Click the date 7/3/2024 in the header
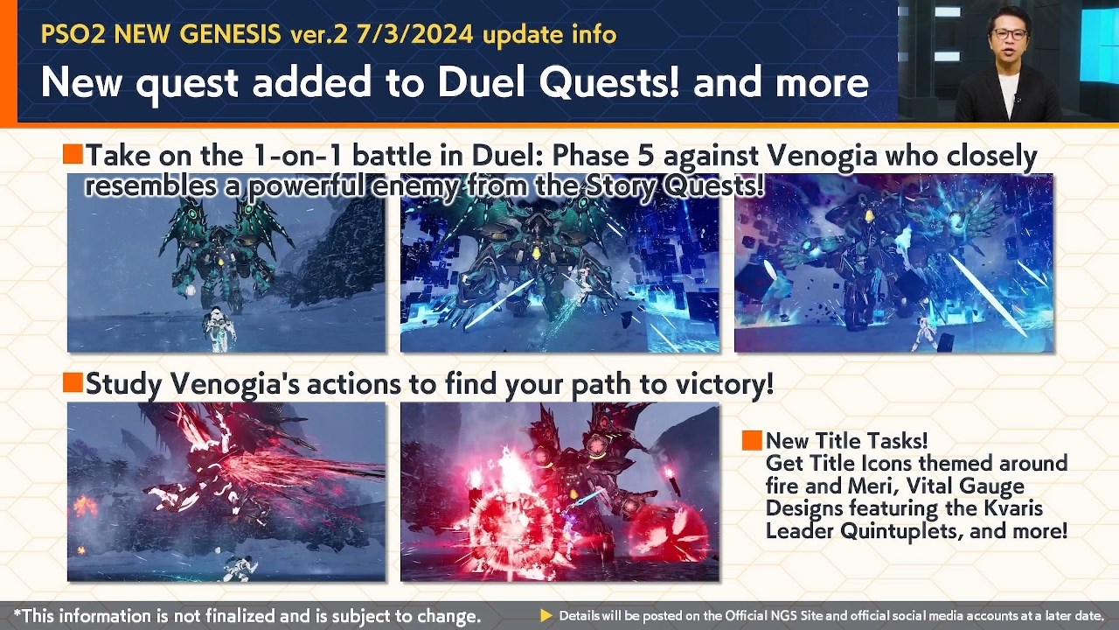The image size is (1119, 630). coord(414,34)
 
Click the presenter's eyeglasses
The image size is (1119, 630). coord(1010,34)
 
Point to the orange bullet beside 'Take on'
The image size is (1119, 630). coord(73,153)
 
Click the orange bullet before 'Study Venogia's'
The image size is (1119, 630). coord(73,382)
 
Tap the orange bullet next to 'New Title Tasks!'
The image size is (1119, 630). coord(752,440)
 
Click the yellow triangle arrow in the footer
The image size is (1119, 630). coord(546,615)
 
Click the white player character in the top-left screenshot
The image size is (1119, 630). coord(219,328)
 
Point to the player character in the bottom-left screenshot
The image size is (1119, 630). coord(240,567)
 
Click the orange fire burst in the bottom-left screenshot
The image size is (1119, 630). coord(86,506)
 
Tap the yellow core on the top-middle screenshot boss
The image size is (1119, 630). coord(537,254)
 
